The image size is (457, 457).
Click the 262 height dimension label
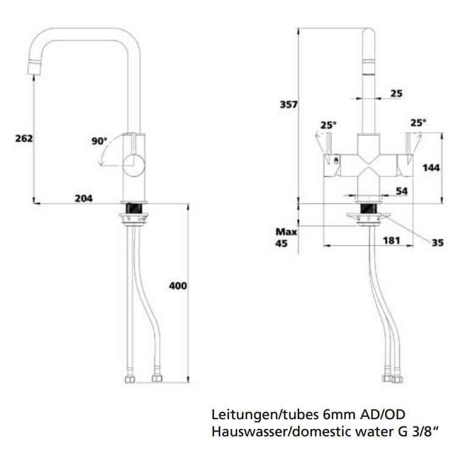[24, 138]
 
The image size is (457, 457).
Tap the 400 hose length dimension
[177, 285]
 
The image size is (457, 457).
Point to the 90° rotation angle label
[99, 141]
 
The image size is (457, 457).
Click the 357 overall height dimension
[288, 105]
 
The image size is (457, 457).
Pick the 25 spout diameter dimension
[396, 93]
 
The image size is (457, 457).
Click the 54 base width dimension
[402, 191]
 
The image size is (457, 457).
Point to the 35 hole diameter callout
[437, 243]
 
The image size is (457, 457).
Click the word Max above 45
[286, 232]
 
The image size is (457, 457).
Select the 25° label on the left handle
[328, 125]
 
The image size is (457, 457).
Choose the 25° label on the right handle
[418, 122]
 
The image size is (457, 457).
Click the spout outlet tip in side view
[34, 68]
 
